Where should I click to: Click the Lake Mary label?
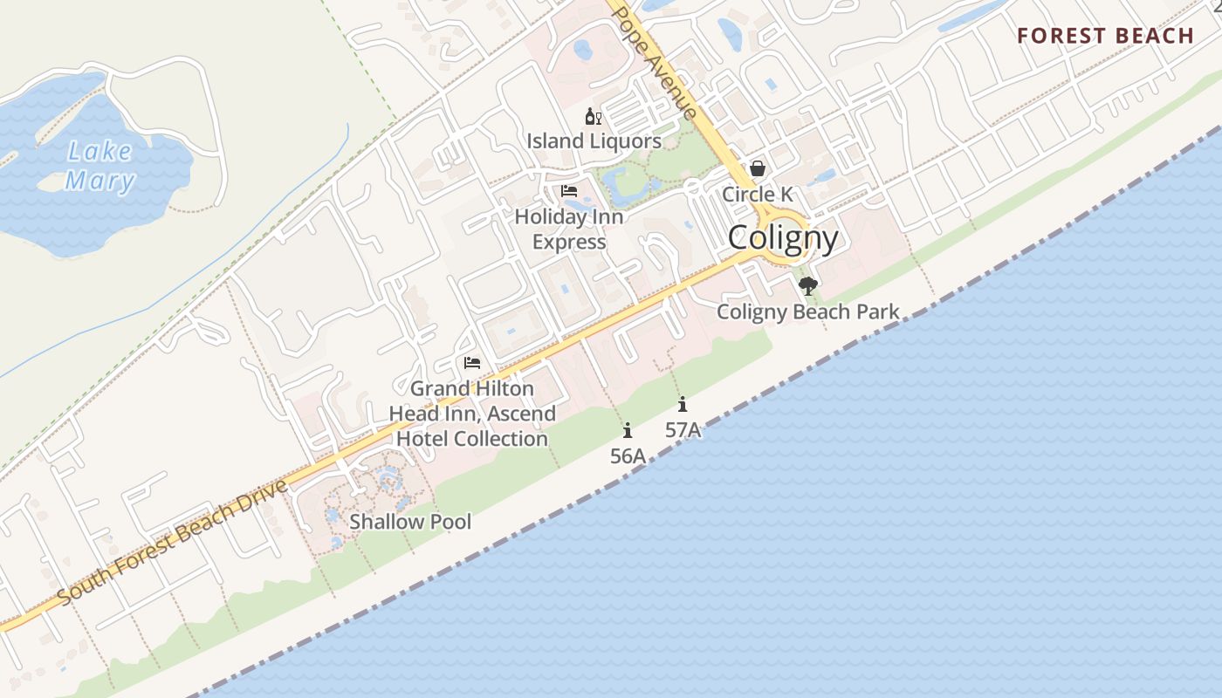click(100, 166)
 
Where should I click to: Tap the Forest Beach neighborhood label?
click(1105, 36)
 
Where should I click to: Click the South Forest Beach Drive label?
click(173, 543)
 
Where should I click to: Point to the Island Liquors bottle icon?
click(593, 117)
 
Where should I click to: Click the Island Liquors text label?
click(594, 140)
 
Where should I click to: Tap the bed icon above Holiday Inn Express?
click(569, 190)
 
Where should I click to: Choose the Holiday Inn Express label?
click(569, 229)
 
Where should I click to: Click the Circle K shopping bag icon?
click(758, 168)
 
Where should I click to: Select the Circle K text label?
click(758, 194)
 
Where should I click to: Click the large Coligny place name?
click(783, 237)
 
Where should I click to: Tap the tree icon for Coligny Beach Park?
click(808, 285)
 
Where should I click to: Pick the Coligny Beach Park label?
click(808, 311)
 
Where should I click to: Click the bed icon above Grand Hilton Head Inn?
click(472, 363)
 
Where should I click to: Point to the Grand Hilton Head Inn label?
click(472, 414)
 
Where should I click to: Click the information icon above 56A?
click(628, 430)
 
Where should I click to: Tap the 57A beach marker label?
click(683, 429)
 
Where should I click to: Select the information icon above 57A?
click(683, 404)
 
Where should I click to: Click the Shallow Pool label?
click(410, 522)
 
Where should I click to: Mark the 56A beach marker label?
click(628, 455)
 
